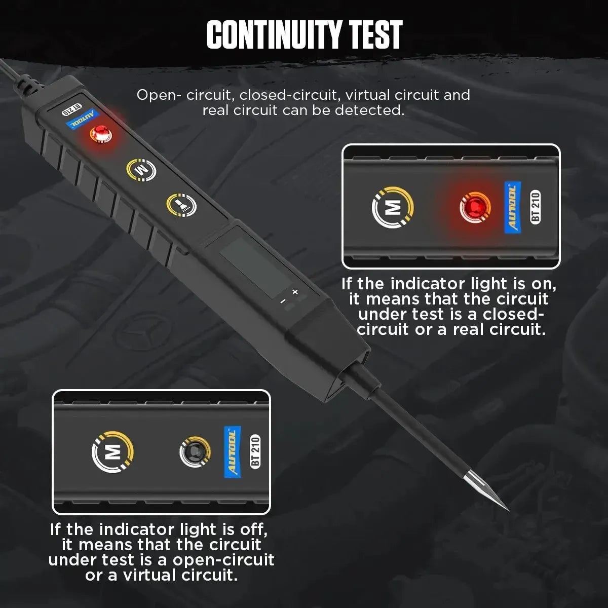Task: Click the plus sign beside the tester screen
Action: pyautogui.click(x=295, y=292)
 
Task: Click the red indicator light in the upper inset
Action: pyautogui.click(x=475, y=208)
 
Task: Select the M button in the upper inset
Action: pyautogui.click(x=393, y=207)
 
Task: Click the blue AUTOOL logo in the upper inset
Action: pyautogui.click(x=512, y=209)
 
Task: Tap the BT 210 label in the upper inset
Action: pyautogui.click(x=535, y=207)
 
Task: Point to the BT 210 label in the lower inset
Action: pyautogui.click(x=255, y=451)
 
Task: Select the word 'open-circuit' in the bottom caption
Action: pyautogui.click(x=223, y=560)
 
